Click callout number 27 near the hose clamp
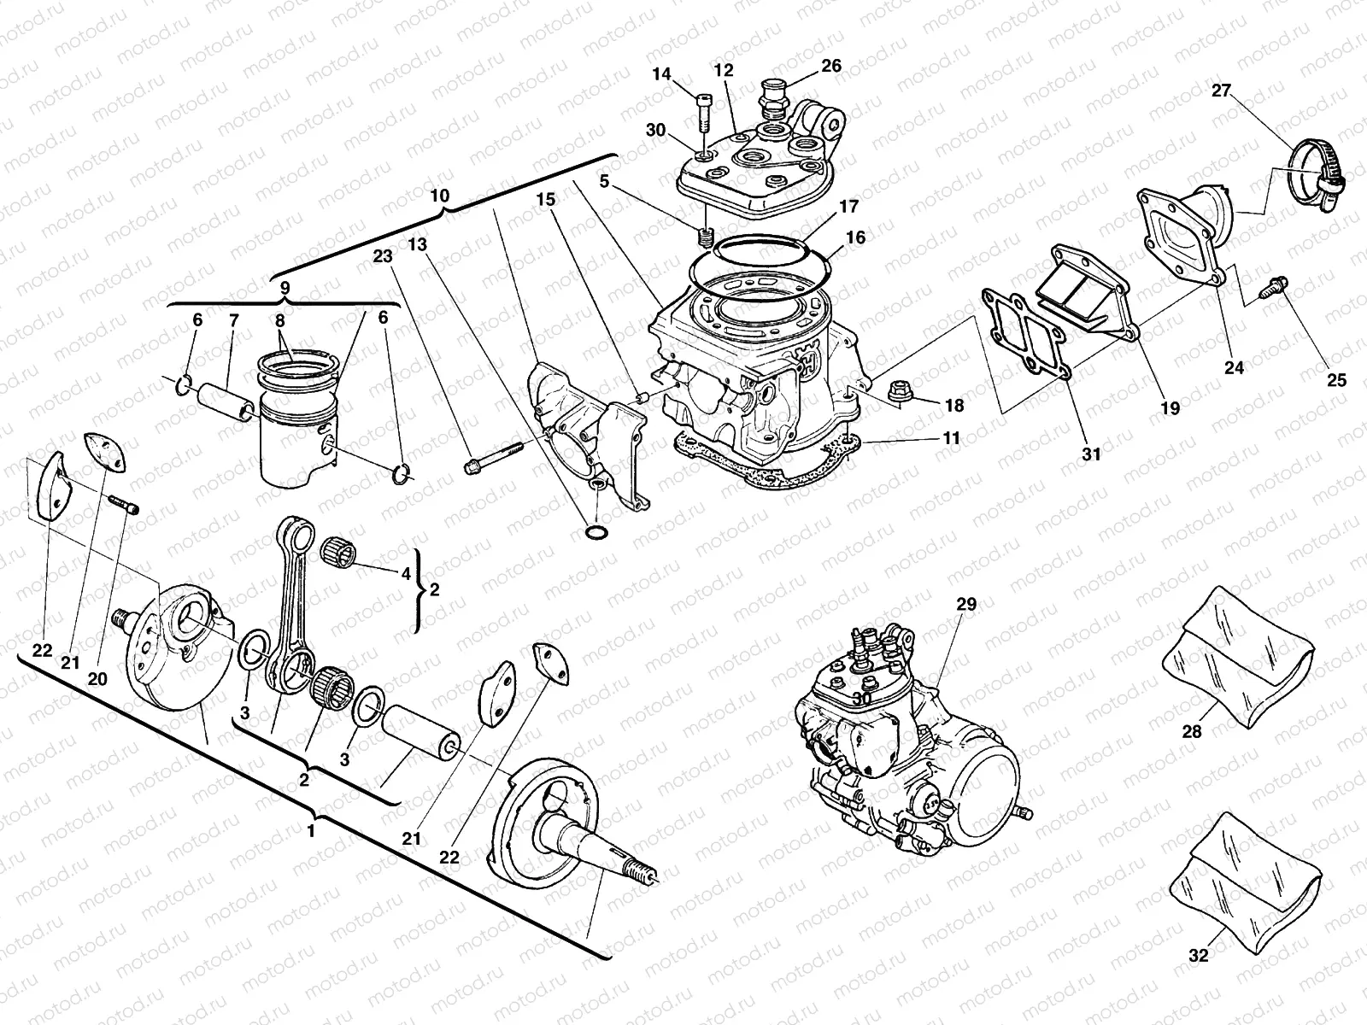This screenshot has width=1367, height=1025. pos(1220,91)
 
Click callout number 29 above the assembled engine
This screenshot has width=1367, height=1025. pos(965,604)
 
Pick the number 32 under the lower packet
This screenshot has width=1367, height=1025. pos(1199,956)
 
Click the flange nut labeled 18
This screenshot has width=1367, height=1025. pos(899,394)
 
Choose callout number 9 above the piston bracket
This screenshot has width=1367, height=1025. pos(285,287)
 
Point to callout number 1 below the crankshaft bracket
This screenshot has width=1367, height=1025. pos(311,829)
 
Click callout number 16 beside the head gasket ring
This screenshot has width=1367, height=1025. pos(856,237)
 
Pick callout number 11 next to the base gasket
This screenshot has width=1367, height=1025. pos(951,438)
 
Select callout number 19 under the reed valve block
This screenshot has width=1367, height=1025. pos(1170,408)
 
